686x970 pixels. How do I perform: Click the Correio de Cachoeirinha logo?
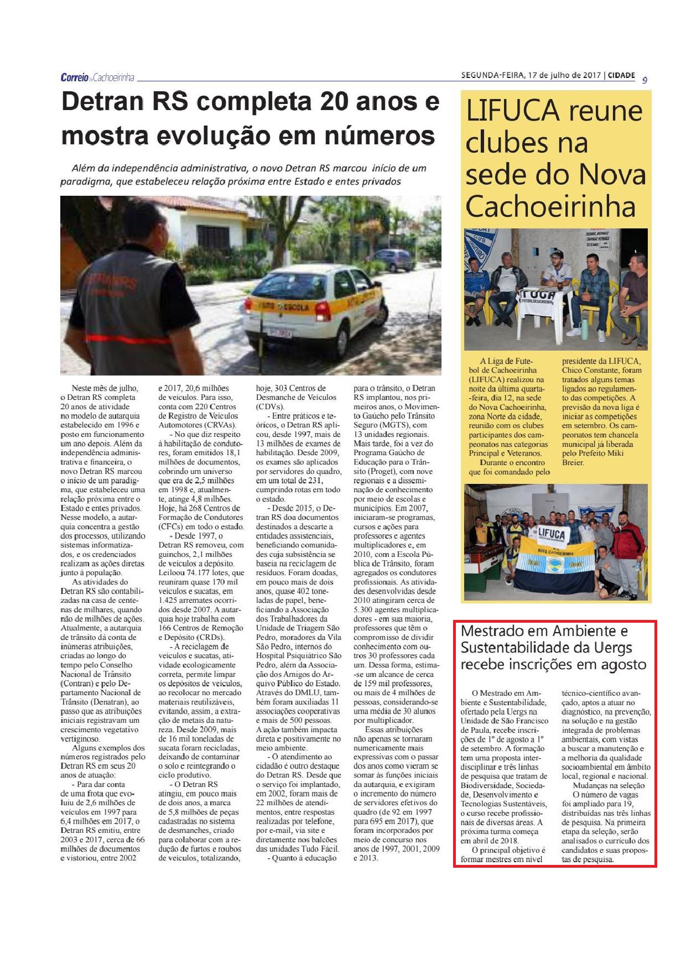click(97, 77)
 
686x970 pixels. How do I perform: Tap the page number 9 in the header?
click(645, 80)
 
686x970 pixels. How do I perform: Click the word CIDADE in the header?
click(621, 76)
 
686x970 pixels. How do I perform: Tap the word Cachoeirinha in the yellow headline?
click(550, 207)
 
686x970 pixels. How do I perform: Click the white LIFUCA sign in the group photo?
click(551, 534)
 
